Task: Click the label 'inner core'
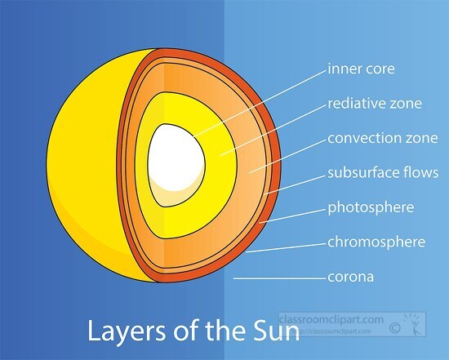click(x=361, y=69)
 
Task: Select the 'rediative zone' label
click(x=373, y=104)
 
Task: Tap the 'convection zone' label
click(x=382, y=138)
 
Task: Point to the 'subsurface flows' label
click(x=383, y=173)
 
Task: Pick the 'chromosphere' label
click(x=376, y=242)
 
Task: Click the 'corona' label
click(x=350, y=277)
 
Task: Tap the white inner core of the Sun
click(x=176, y=155)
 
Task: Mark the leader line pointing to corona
click(x=278, y=278)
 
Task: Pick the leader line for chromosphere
click(x=286, y=246)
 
